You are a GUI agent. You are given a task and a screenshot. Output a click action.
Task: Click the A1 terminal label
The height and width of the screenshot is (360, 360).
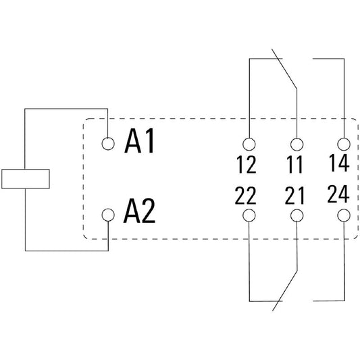[139, 140]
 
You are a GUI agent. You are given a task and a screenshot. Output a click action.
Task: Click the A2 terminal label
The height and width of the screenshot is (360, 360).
[139, 211]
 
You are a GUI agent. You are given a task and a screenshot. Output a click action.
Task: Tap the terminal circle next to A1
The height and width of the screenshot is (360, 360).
[108, 143]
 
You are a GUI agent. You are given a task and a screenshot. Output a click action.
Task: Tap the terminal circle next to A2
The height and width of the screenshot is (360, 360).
[108, 215]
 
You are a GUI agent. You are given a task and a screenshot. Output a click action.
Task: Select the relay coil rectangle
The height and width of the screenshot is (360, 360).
[26, 179]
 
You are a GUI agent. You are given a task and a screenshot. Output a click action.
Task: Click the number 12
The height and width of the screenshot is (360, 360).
[247, 164]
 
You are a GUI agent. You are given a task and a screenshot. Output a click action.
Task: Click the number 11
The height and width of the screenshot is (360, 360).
[294, 164]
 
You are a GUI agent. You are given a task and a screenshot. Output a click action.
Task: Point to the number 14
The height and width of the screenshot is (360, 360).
[339, 163]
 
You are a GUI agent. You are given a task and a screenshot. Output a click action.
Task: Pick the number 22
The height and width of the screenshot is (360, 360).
[245, 195]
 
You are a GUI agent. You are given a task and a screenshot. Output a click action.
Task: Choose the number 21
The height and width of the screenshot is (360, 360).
[294, 195]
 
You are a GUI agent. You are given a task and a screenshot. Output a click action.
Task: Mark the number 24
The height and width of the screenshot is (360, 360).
[338, 194]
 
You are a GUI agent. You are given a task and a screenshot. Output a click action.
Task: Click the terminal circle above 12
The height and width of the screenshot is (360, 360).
[249, 144]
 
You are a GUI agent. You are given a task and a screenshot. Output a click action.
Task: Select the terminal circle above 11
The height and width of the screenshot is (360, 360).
[297, 145]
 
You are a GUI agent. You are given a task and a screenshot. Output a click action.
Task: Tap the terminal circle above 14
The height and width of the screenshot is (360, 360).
[344, 144]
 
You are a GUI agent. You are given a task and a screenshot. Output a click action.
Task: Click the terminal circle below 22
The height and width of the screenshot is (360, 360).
[249, 215]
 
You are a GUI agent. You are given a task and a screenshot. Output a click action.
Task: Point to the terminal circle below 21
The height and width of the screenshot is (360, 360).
[297, 215]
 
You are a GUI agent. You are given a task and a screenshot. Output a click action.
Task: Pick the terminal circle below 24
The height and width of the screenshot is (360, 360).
[344, 215]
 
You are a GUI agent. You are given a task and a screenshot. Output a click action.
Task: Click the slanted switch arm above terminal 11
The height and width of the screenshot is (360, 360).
[284, 69]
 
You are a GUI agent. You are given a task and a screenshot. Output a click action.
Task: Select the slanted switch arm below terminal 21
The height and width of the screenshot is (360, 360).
[285, 290]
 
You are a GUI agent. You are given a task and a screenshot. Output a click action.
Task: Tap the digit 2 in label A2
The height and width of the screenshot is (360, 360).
[148, 211]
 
